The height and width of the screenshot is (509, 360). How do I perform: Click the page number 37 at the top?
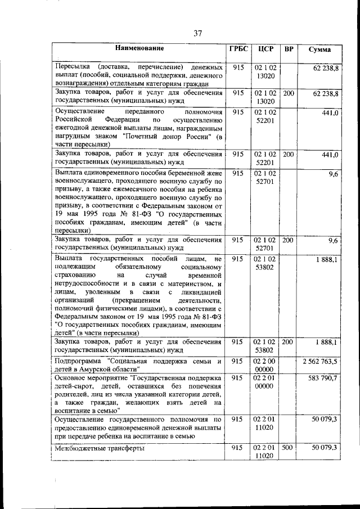(198, 33)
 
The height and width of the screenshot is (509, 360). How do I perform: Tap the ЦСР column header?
(265, 49)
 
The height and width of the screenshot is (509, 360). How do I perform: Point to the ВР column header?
(289, 49)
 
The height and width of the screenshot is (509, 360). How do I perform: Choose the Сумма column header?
(319, 49)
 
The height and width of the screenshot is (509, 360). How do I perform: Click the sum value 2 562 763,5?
(319, 361)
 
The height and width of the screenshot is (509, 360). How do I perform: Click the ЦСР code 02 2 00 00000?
(265, 365)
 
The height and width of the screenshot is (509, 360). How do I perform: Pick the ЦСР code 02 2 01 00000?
(265, 383)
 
